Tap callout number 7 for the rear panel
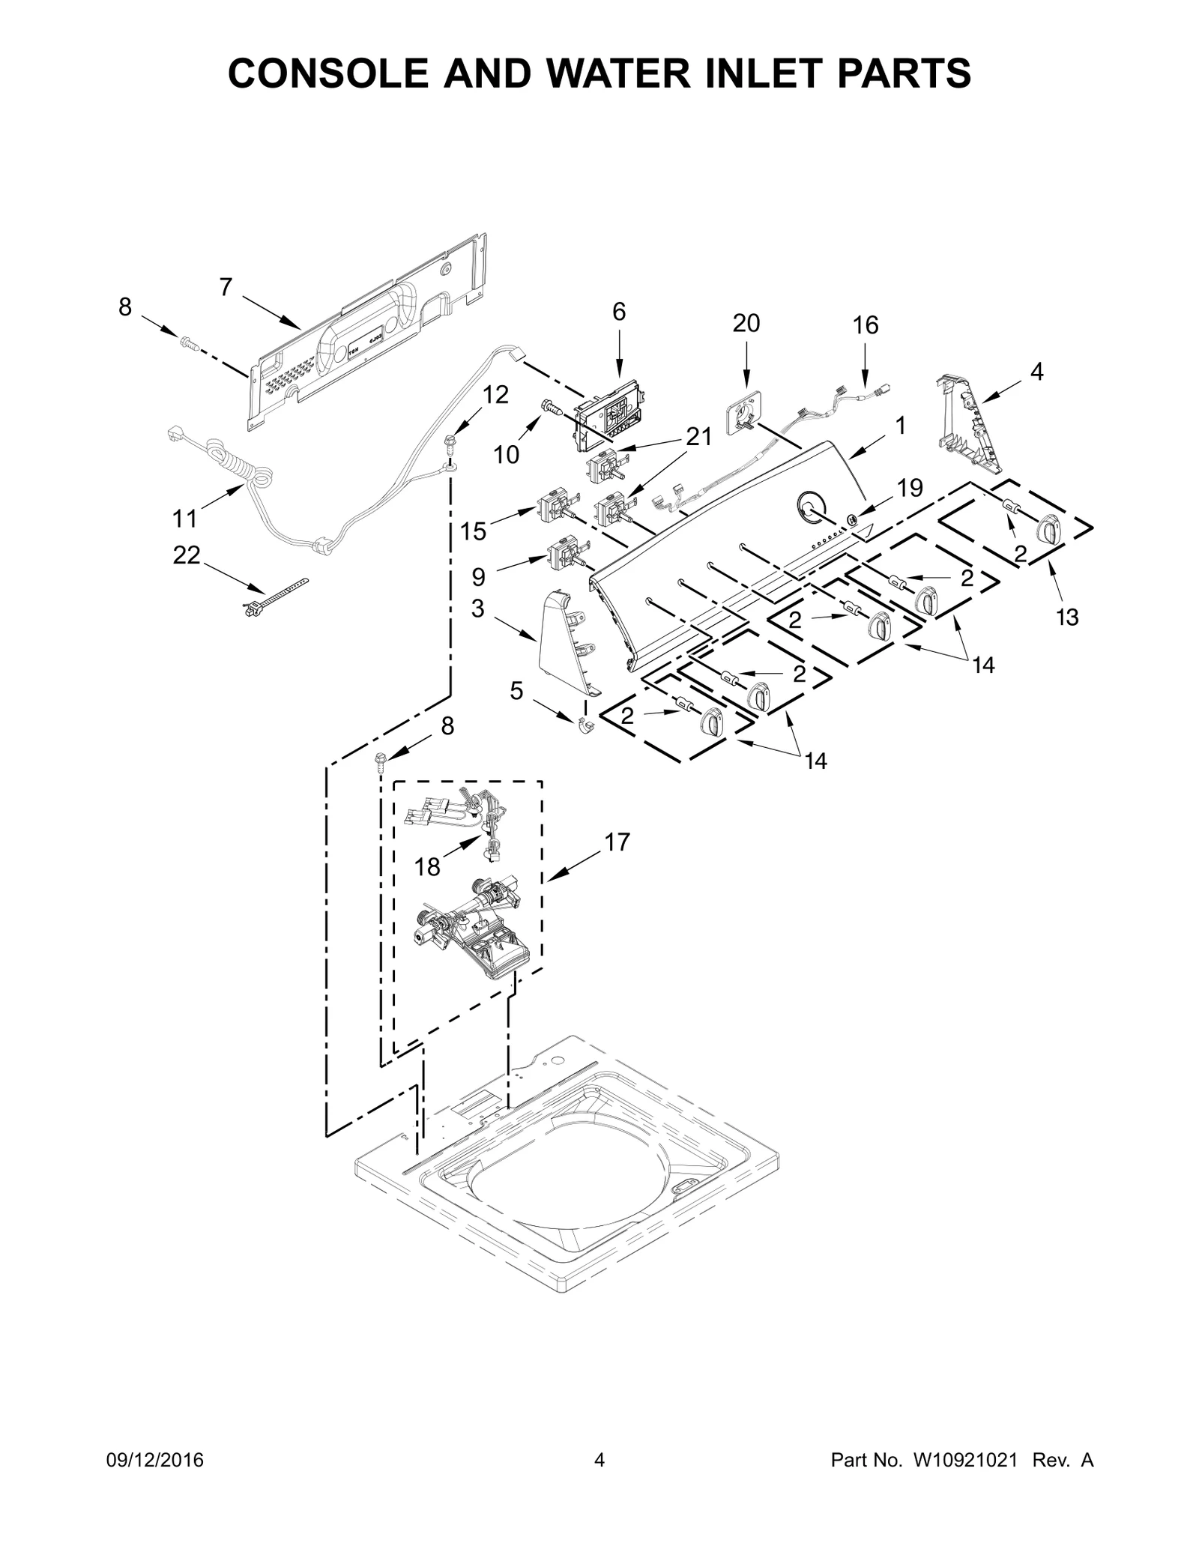coord(226,287)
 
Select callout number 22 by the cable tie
coord(187,555)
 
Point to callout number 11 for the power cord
coord(184,518)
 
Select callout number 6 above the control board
coord(618,312)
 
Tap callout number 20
coord(746,323)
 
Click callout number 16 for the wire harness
coord(865,325)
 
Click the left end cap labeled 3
coord(562,637)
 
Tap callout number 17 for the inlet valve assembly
coord(617,842)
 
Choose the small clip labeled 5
coord(585,725)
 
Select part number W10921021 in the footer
coord(964,1460)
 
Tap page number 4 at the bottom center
coord(599,1460)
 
